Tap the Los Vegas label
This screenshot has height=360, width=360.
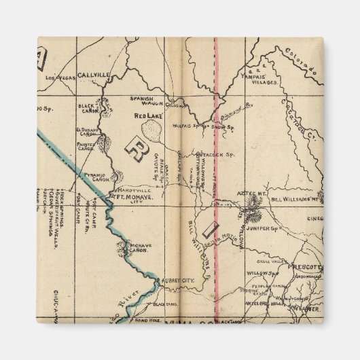[58, 79]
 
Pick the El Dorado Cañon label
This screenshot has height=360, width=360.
[86, 131]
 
